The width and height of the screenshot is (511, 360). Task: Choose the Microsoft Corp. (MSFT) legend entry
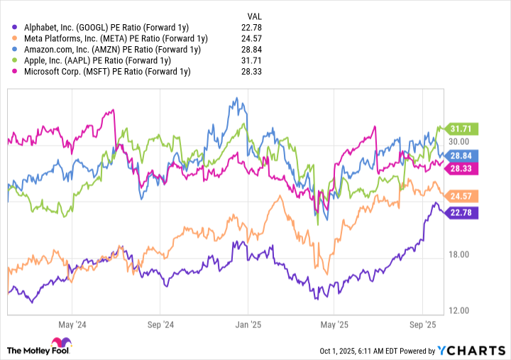click(x=107, y=72)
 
